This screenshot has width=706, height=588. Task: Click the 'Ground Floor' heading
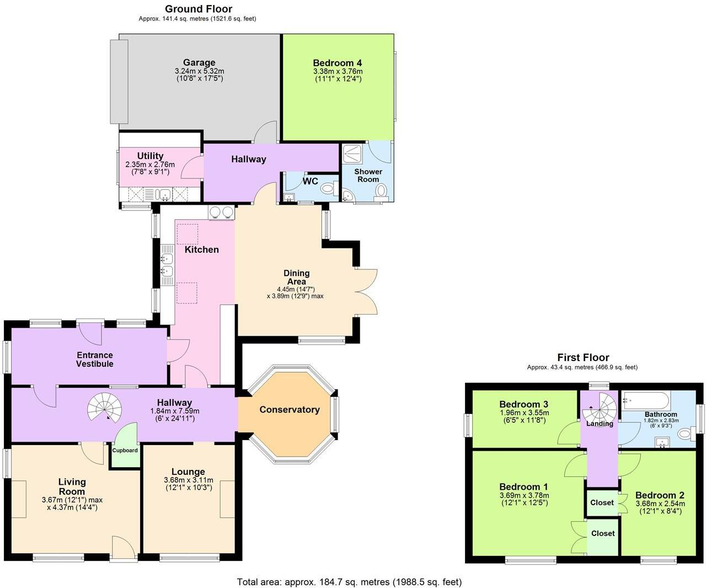[199, 9]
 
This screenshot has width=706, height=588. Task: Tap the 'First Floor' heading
[583, 357]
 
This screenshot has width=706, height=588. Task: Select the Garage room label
[199, 62]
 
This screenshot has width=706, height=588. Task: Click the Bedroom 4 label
[337, 62]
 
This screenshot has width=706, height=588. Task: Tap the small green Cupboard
[125, 447]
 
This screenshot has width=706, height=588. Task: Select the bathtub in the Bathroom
[646, 400]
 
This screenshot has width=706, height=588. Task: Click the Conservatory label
[290, 410]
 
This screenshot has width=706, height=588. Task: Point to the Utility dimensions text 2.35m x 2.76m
[150, 165]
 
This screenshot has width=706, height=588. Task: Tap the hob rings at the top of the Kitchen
[221, 211]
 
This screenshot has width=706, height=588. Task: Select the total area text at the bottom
[349, 581]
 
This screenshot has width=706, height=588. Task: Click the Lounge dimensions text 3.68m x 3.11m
[188, 480]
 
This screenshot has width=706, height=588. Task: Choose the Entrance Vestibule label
[95, 359]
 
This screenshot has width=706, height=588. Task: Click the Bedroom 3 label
[523, 404]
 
